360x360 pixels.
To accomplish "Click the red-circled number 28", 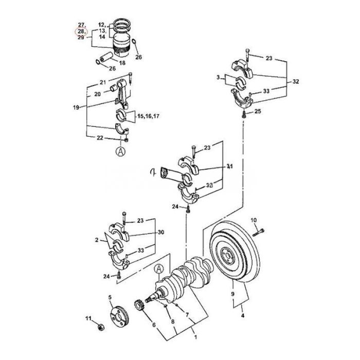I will [x=81, y=31].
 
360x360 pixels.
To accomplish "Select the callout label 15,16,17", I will [x=148, y=117].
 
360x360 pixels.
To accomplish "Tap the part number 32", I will [x=295, y=81].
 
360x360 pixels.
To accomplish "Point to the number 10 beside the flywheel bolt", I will [x=253, y=221].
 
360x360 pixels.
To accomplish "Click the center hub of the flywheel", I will [x=228, y=255].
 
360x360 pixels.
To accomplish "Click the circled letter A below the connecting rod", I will [x=120, y=151].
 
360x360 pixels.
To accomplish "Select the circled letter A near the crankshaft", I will [x=158, y=268].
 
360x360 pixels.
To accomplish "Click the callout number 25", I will [x=258, y=112].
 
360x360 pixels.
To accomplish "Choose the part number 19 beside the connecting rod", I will [x=77, y=108].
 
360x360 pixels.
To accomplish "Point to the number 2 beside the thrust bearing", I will [x=97, y=240].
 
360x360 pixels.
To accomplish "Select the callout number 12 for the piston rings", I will [x=101, y=25].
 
